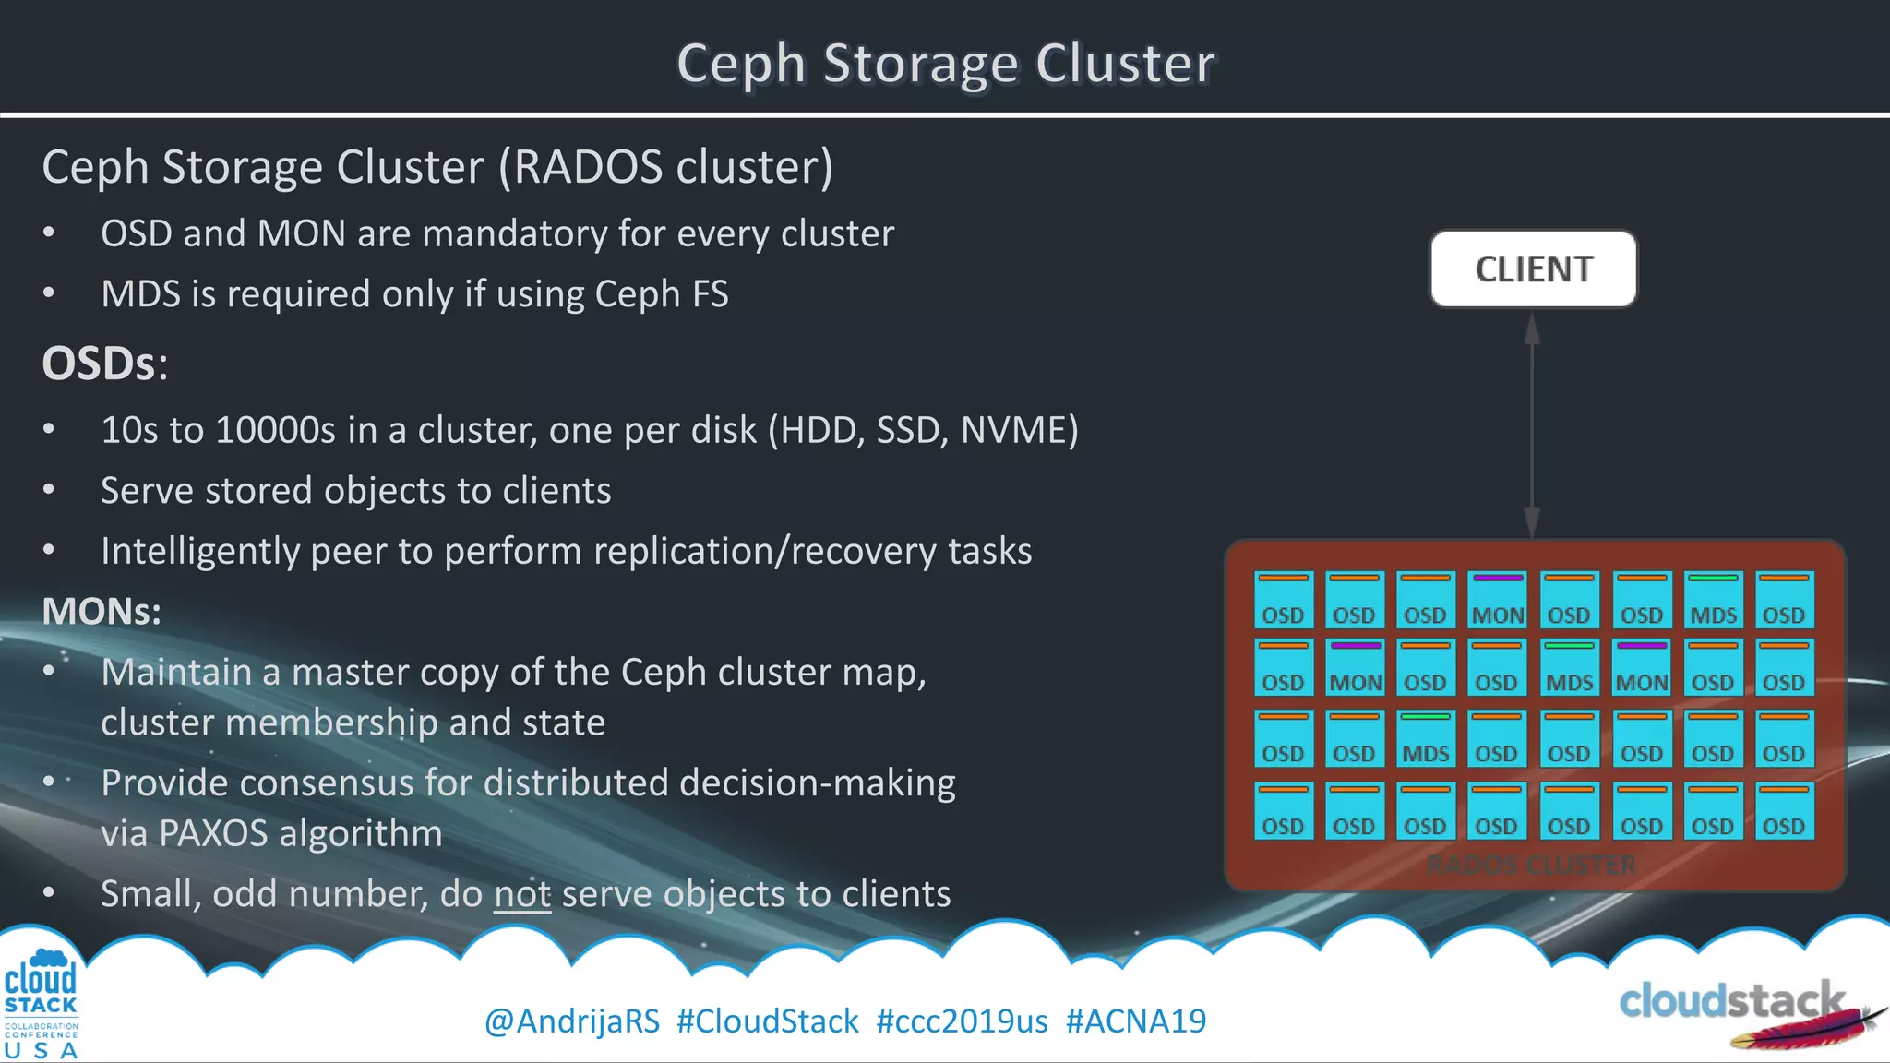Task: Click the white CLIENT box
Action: pyautogui.click(x=1533, y=269)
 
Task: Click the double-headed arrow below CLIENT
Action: pyautogui.click(x=1532, y=424)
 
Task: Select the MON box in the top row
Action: pyautogui.click(x=1497, y=600)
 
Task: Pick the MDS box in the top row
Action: pyautogui.click(x=1713, y=600)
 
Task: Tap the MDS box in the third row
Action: pyautogui.click(x=1425, y=738)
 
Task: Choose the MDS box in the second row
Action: pyautogui.click(x=1569, y=667)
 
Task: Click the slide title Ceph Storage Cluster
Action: pyautogui.click(x=945, y=63)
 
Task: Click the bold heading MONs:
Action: pyautogui.click(x=102, y=611)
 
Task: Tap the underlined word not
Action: pyautogui.click(x=522, y=894)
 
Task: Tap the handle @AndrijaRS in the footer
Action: pyautogui.click(x=572, y=1021)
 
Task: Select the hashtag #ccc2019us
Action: pyautogui.click(x=962, y=1021)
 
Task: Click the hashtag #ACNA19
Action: pyautogui.click(x=1135, y=1021)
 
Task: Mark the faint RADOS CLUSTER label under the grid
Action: pyautogui.click(x=1532, y=866)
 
